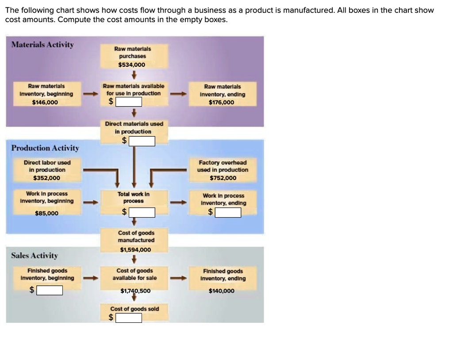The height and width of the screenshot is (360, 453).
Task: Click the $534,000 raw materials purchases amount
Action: [x=131, y=65]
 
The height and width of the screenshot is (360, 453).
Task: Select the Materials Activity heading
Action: [x=42, y=45]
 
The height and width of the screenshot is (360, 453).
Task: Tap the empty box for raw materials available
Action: [x=129, y=102]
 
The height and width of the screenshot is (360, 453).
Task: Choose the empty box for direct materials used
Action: [x=142, y=141]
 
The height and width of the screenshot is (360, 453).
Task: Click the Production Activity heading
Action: [x=45, y=148]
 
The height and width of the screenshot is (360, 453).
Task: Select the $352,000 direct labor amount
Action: [x=47, y=178]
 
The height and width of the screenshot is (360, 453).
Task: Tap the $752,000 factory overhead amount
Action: [x=223, y=178]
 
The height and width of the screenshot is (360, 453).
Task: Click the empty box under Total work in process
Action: [x=142, y=213]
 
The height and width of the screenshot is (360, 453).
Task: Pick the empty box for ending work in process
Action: [x=228, y=213]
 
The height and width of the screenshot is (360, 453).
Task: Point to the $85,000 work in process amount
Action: [x=46, y=213]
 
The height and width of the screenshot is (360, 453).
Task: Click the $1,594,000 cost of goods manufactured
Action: [x=135, y=249]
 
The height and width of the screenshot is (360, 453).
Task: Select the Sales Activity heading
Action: [x=35, y=255]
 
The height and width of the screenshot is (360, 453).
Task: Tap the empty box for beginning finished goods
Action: [x=49, y=291]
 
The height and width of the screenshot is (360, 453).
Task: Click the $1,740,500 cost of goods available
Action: [x=135, y=291]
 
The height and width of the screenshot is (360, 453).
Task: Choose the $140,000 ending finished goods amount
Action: [x=223, y=291]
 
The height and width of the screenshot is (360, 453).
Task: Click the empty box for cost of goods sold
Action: [x=129, y=318]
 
